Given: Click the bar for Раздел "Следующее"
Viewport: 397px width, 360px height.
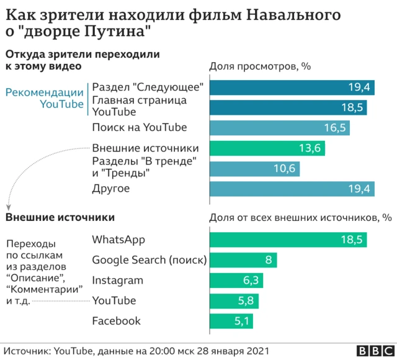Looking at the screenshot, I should click(292, 87).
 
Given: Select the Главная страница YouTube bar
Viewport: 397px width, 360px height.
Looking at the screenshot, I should click(288, 107).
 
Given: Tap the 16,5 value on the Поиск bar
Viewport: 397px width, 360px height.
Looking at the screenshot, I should click(334, 128).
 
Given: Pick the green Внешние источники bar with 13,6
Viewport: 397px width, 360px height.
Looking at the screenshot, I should click(267, 148).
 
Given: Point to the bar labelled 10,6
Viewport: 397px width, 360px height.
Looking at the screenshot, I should click(254, 169).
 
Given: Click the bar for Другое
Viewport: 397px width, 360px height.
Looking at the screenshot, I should click(292, 189).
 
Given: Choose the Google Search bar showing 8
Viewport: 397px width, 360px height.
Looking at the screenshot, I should click(244, 260).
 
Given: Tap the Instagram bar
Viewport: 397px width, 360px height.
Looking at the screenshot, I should click(236, 281).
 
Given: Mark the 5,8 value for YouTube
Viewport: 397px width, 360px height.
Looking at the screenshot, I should click(246, 301).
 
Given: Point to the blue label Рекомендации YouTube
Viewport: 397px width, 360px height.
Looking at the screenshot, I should click(44, 98).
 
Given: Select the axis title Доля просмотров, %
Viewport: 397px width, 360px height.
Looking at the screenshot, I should click(259, 67).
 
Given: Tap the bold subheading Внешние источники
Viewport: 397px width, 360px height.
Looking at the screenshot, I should click(60, 218).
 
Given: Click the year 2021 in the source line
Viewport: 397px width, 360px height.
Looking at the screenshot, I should click(257, 351).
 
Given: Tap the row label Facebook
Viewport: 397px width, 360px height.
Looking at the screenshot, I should click(116, 321).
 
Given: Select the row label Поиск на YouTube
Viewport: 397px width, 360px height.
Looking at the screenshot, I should click(139, 128).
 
